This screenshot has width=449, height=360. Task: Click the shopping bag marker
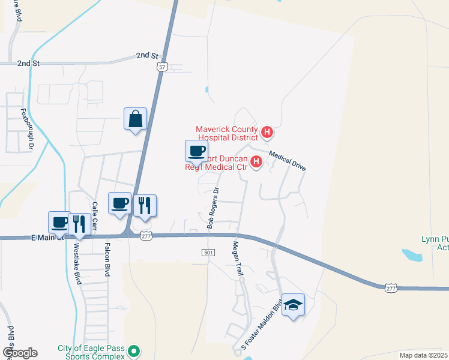point(136,119)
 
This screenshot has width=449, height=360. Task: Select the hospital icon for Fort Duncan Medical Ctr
point(256,161)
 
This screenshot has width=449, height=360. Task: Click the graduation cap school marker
point(293,305)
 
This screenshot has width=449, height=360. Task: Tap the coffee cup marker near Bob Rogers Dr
point(196,152)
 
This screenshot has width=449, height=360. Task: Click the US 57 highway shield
point(162,67)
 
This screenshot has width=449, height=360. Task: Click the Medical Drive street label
point(288,161)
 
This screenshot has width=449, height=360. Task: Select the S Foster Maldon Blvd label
point(262,325)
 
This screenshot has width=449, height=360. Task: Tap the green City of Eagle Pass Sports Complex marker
point(135,351)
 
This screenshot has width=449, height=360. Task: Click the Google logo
point(19,353)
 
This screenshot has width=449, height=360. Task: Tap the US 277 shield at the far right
point(391,289)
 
